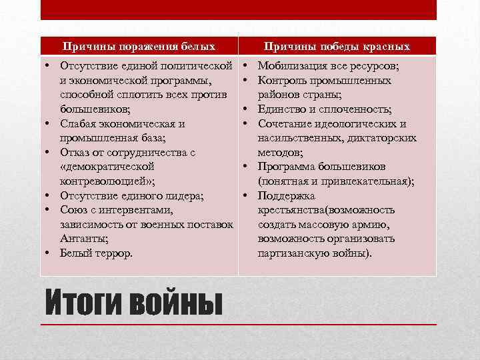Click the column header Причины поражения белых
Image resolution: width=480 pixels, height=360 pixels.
click(x=139, y=46)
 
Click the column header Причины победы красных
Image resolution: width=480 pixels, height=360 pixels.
click(x=337, y=46)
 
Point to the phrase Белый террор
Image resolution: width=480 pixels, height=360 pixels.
click(x=96, y=253)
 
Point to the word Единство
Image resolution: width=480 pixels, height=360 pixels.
click(x=281, y=109)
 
